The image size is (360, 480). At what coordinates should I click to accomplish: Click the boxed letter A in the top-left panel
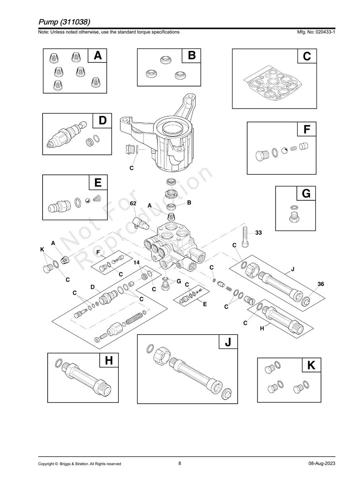coord(97,56)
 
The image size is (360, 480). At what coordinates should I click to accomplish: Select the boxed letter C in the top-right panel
coord(307,56)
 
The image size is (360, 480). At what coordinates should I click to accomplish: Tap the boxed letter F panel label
coord(307,130)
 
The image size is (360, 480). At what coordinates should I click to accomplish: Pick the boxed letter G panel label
coord(306,194)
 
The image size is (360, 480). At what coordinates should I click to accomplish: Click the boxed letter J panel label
coord(228,342)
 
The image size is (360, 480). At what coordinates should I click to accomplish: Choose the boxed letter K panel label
coord(311,365)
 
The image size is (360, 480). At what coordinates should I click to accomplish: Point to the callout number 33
coord(258,233)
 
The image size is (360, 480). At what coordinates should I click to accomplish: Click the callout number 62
coord(133,203)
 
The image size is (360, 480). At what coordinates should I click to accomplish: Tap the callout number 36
coord(321,284)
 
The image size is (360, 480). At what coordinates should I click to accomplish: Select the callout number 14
coord(136,263)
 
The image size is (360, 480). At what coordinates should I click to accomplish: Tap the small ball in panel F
coord(285,151)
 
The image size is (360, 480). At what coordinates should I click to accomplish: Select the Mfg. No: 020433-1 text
coord(314,32)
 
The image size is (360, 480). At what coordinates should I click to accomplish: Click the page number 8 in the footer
coord(180,463)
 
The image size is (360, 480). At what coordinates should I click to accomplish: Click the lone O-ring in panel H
coord(58,363)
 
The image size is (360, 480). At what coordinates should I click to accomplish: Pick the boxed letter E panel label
coord(98,183)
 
